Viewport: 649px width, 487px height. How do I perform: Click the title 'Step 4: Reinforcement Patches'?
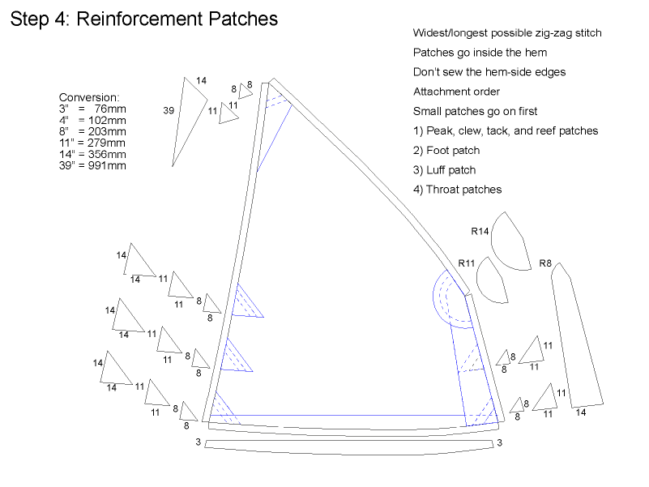[x=143, y=19]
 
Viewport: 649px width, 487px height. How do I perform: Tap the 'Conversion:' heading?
[x=89, y=97]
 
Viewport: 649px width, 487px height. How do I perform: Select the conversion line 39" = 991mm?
[x=92, y=165]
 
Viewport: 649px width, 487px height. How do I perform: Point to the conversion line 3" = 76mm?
[x=92, y=109]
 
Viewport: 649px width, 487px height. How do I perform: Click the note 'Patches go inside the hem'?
[x=480, y=53]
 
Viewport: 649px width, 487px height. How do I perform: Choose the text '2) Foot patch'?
[x=446, y=150]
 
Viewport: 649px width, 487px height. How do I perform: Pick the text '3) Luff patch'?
[x=444, y=170]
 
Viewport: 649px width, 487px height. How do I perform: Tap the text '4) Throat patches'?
[x=457, y=190]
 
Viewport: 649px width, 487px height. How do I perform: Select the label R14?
[x=480, y=231]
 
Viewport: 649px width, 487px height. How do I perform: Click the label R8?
[x=545, y=263]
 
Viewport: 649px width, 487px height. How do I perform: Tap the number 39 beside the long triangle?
[x=169, y=111]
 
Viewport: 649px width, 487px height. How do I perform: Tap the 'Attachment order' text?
[x=456, y=92]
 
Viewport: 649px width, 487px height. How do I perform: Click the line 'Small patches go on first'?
[x=475, y=111]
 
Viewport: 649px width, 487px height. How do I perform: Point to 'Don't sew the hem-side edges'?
[x=489, y=72]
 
